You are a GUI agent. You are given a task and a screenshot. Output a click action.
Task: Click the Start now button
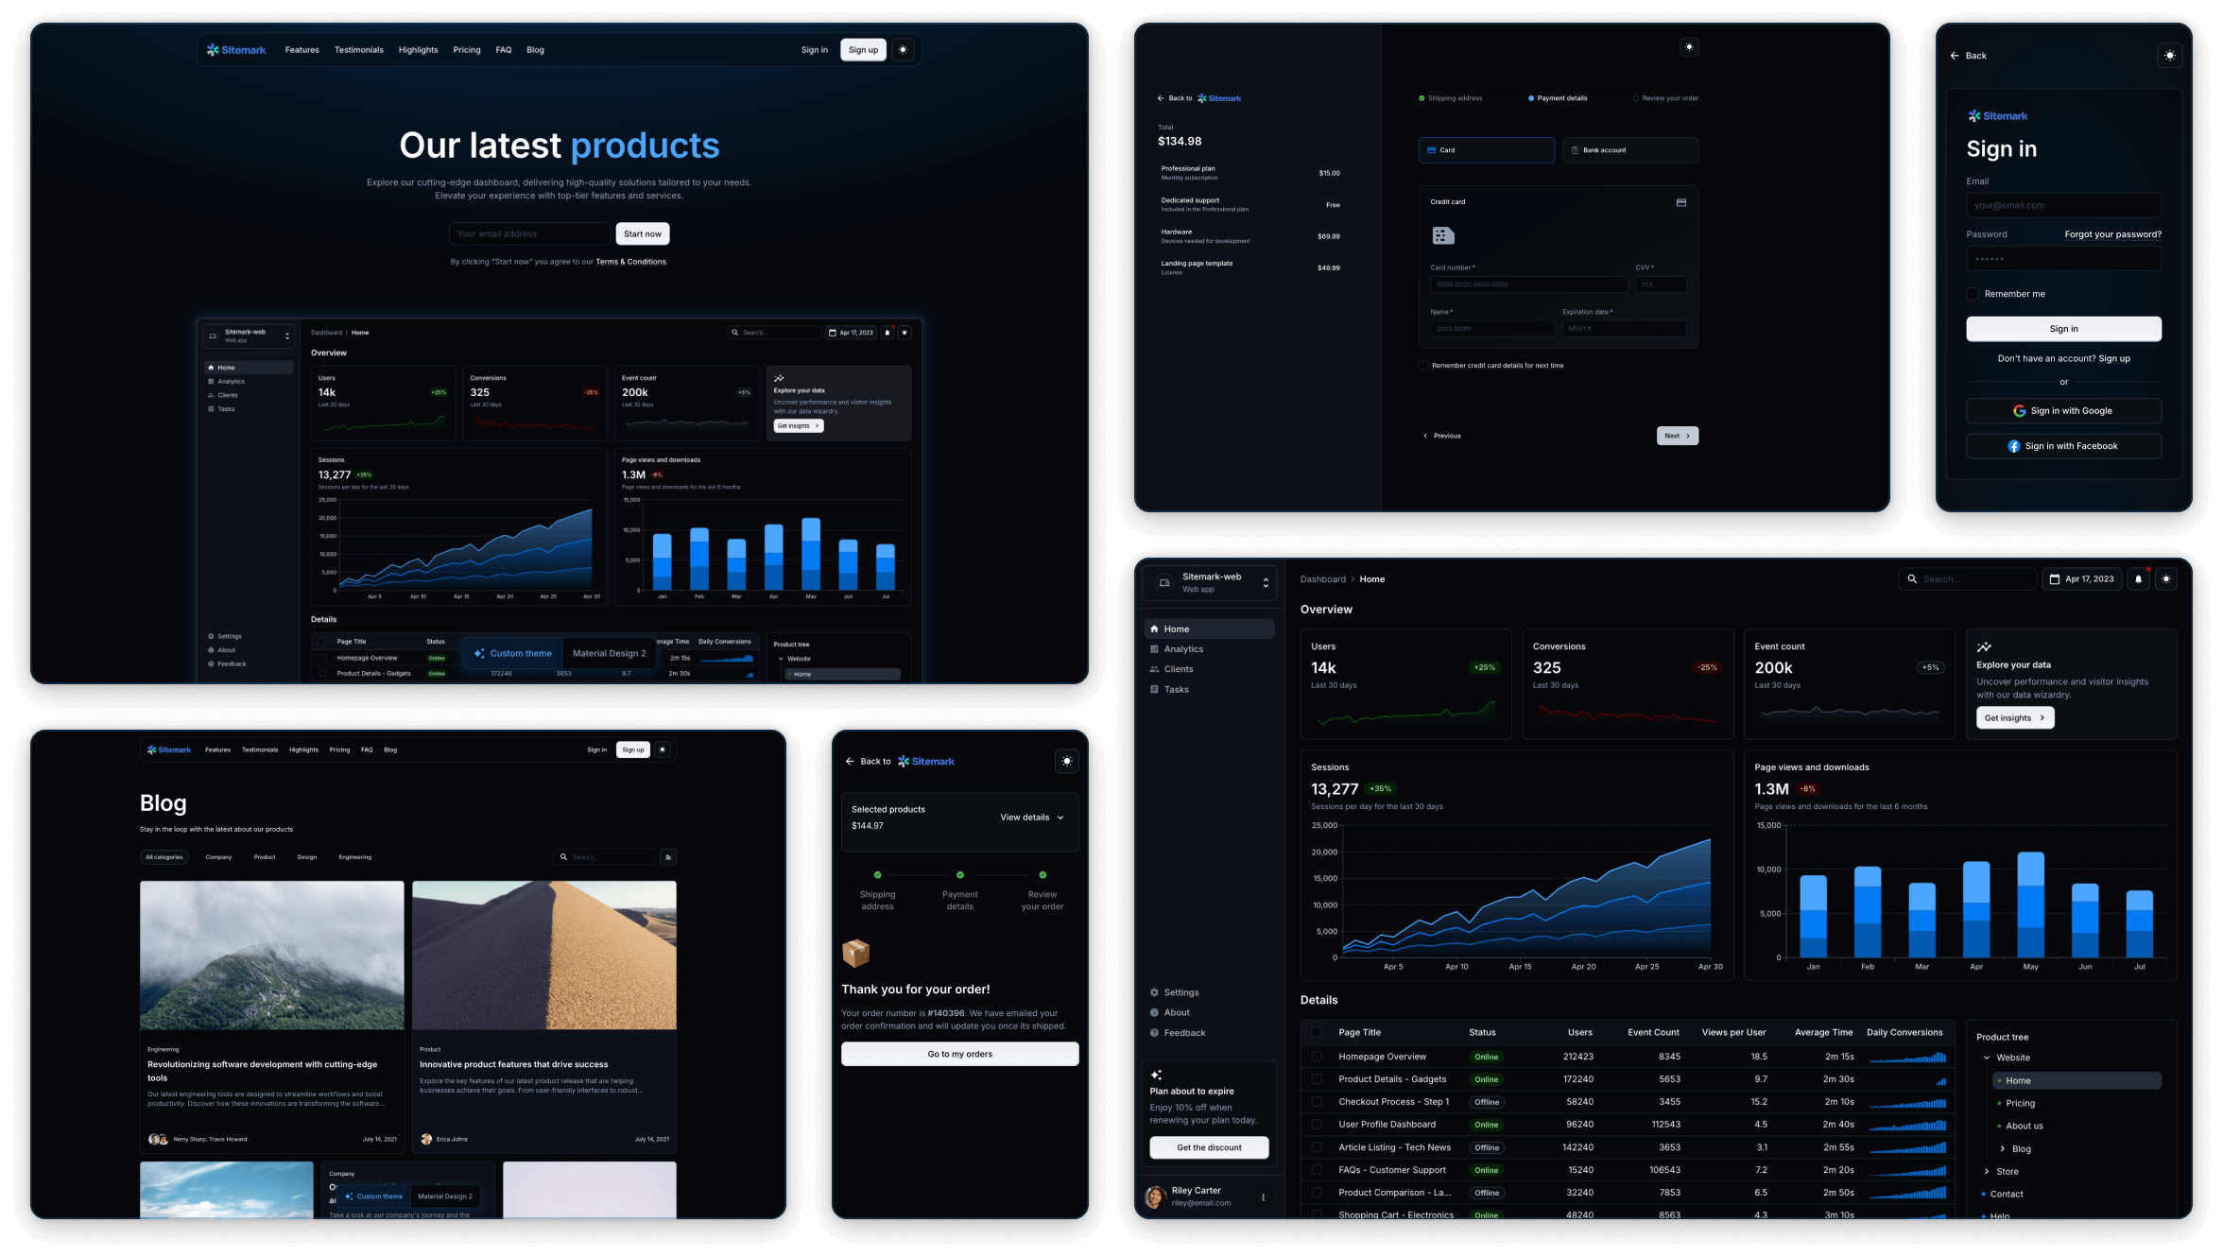click(643, 234)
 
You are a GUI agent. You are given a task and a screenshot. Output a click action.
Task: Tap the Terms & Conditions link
click(630, 262)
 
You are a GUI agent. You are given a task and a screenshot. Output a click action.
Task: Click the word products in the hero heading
click(645, 146)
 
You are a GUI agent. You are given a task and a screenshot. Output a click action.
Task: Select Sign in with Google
click(2063, 411)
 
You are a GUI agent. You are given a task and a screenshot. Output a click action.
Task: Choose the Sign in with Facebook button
click(2063, 446)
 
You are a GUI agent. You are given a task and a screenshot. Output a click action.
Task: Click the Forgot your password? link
click(2112, 234)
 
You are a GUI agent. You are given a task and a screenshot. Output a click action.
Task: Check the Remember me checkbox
click(1973, 294)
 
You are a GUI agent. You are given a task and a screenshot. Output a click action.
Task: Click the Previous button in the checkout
click(1442, 436)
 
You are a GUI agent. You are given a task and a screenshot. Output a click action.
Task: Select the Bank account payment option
click(1629, 150)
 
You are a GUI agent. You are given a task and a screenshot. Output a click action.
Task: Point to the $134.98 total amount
click(1180, 142)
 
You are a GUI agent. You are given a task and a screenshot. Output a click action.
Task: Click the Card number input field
click(1527, 284)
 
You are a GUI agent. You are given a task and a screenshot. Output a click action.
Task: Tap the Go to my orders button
click(959, 1054)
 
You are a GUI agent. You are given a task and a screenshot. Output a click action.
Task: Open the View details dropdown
click(1031, 818)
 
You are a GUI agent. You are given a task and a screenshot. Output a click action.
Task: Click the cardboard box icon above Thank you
click(855, 953)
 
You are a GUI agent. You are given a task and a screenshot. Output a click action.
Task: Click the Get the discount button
click(1209, 1147)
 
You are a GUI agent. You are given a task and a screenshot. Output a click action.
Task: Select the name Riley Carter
click(1196, 1191)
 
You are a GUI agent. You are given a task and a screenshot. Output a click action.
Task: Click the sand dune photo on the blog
click(544, 955)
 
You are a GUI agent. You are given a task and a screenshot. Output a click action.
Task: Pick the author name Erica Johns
click(452, 1139)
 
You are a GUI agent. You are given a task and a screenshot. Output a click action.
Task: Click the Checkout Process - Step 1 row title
click(1393, 1102)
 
